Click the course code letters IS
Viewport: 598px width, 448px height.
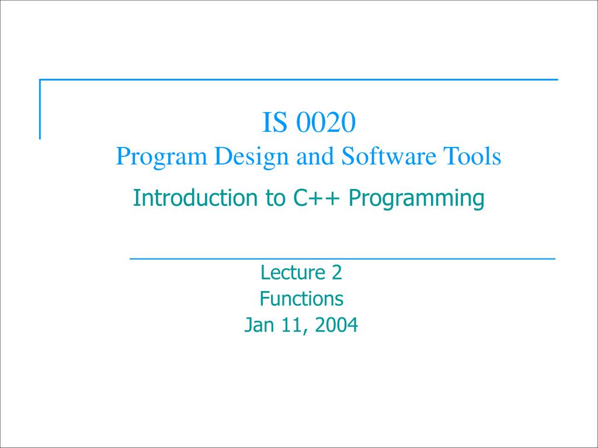pyautogui.click(x=275, y=123)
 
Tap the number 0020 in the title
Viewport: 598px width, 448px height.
pyautogui.click(x=326, y=123)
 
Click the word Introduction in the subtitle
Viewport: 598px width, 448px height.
pyautogui.click(x=192, y=198)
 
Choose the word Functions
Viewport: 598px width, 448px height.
pyautogui.click(x=301, y=299)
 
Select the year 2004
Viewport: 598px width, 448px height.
pyautogui.click(x=336, y=325)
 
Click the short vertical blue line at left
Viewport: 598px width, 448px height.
pyautogui.click(x=40, y=110)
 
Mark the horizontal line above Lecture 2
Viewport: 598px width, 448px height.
pyautogui.click(x=342, y=257)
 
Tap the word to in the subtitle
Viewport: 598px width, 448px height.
pyautogui.click(x=273, y=198)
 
